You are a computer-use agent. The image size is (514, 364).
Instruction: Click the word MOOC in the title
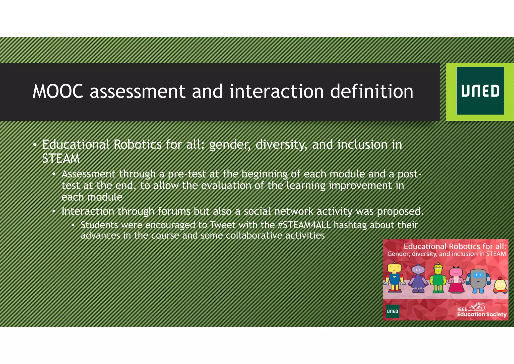[x=58, y=91]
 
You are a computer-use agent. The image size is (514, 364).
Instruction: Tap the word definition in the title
[x=371, y=91]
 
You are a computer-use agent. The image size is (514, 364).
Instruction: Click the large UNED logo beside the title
[x=480, y=91]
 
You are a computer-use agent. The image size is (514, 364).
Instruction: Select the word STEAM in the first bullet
[x=61, y=158]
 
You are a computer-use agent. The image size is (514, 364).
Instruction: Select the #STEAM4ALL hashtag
[x=304, y=225]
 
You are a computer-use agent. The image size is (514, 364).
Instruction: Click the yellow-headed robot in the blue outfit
[x=394, y=278]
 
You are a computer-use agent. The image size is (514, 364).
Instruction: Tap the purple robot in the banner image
[x=418, y=279]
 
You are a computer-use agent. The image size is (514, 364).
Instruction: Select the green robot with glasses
[x=438, y=278]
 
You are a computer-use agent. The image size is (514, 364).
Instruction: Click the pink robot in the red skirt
[x=456, y=280]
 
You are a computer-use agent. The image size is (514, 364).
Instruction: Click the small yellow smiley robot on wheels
[x=500, y=286]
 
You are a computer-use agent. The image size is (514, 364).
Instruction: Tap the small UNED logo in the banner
[x=392, y=311]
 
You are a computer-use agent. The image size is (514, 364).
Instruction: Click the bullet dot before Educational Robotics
[x=35, y=145]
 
